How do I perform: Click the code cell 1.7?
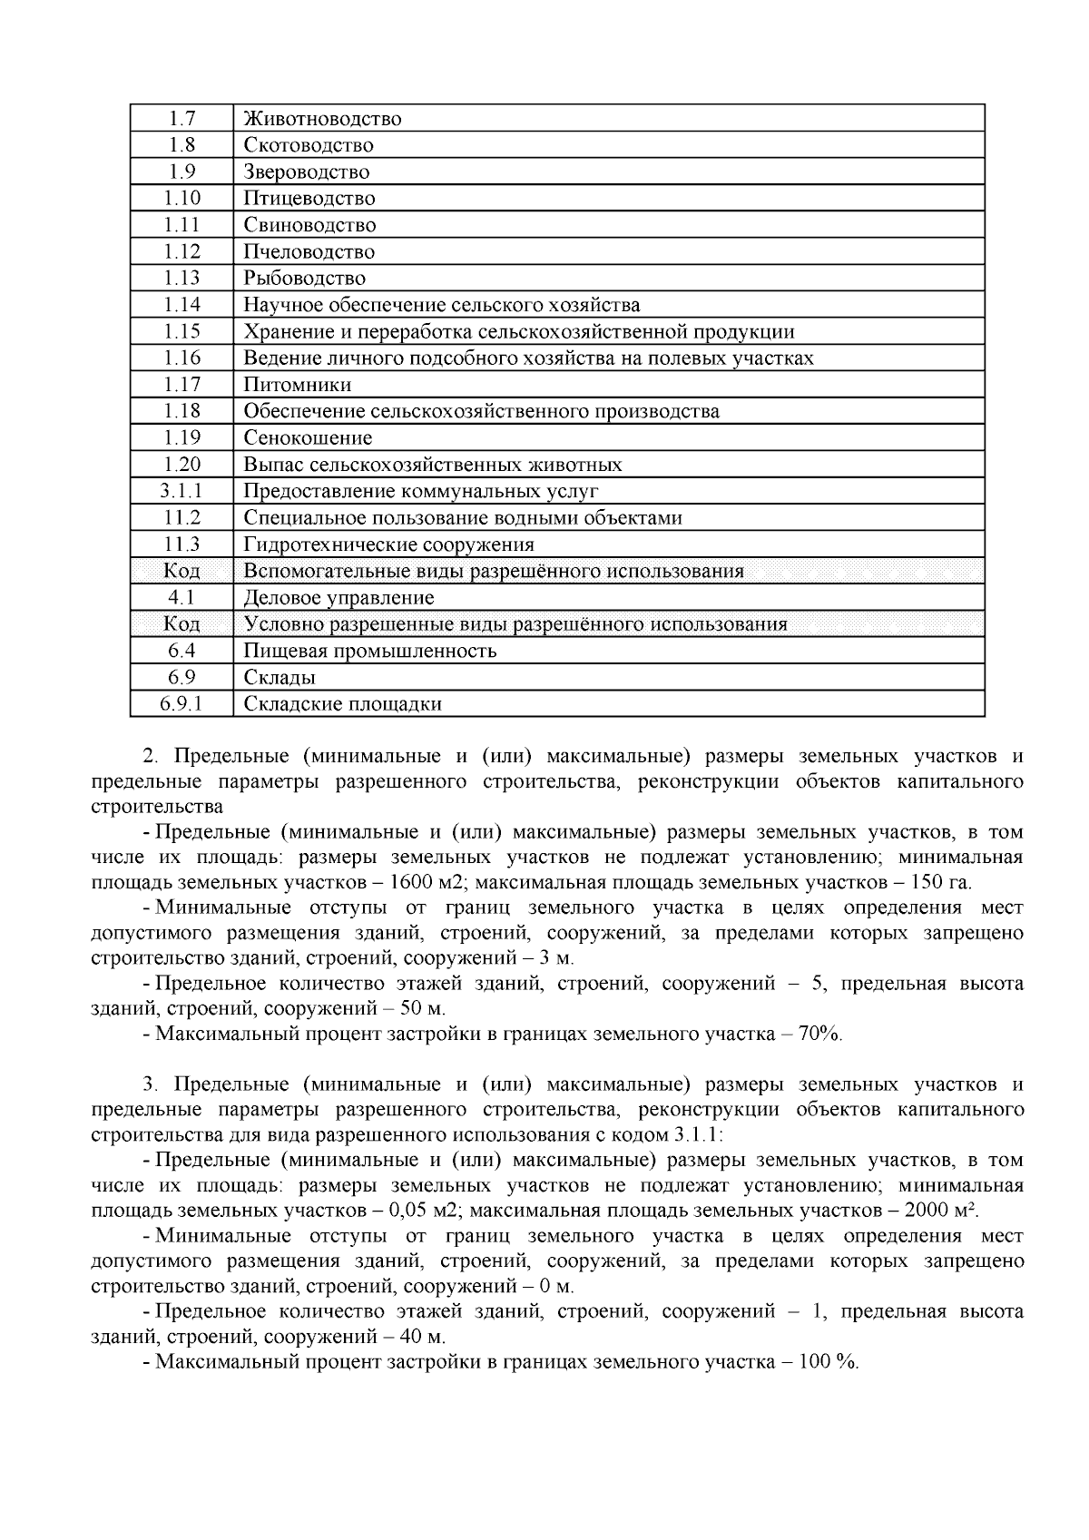(x=181, y=119)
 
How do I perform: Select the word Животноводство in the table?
(x=322, y=119)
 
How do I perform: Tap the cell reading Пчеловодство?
(x=309, y=252)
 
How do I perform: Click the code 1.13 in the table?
(x=181, y=279)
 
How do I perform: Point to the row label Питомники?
(x=297, y=385)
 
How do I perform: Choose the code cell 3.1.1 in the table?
(x=181, y=492)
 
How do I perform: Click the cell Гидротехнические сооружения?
(x=388, y=544)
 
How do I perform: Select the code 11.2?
(x=181, y=518)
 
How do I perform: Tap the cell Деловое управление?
(x=338, y=598)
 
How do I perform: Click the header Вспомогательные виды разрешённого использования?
(x=494, y=572)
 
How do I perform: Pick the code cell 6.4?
(x=181, y=652)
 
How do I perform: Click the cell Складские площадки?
(x=342, y=704)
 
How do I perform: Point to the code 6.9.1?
(x=181, y=704)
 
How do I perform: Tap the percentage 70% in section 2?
(x=819, y=1034)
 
